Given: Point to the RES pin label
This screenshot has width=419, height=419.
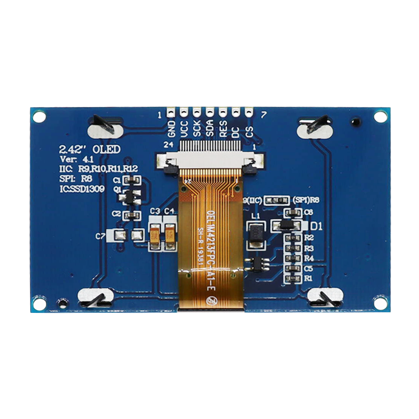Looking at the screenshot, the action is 223,129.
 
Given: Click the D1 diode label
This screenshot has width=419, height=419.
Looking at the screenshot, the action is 316,226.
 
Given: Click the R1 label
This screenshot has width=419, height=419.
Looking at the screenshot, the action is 308,278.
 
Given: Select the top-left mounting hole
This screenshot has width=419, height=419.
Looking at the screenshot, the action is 39,117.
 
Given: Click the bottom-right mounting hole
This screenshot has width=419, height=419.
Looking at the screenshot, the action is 380,303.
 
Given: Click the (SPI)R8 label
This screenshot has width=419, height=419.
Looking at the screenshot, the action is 305,200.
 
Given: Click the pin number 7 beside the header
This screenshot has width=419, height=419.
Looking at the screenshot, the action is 263,115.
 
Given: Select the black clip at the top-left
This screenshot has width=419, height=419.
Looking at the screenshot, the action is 104,124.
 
